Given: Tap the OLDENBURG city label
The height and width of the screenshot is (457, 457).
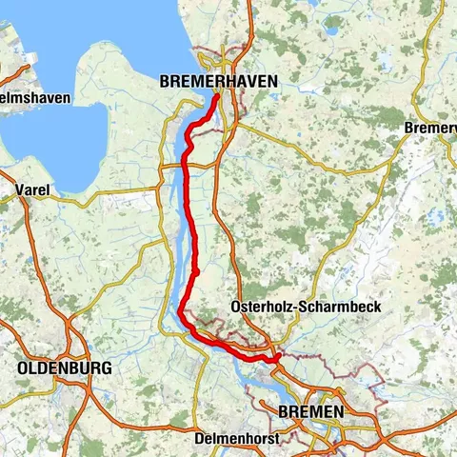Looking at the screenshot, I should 64,368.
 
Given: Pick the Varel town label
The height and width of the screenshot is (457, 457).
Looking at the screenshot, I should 32,190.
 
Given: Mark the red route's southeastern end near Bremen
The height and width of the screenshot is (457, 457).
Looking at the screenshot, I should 277,359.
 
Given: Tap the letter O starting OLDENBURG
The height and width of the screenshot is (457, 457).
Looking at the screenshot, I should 22,368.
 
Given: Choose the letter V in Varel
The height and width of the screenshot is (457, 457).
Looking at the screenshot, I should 20,190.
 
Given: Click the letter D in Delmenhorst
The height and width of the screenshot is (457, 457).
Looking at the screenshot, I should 197,440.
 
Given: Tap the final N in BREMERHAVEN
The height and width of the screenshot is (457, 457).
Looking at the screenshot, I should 272,83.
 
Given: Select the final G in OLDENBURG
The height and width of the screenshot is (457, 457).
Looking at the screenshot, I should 106,368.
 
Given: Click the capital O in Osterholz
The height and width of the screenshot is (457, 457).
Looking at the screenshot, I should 236,307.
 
